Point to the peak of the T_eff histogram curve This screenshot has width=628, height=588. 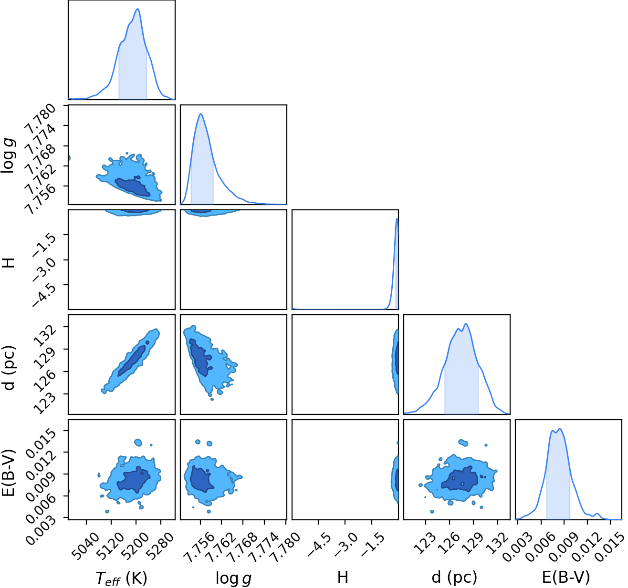click(137, 9)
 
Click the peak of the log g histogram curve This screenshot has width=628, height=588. click(200, 114)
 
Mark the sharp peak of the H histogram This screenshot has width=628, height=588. click(397, 219)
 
